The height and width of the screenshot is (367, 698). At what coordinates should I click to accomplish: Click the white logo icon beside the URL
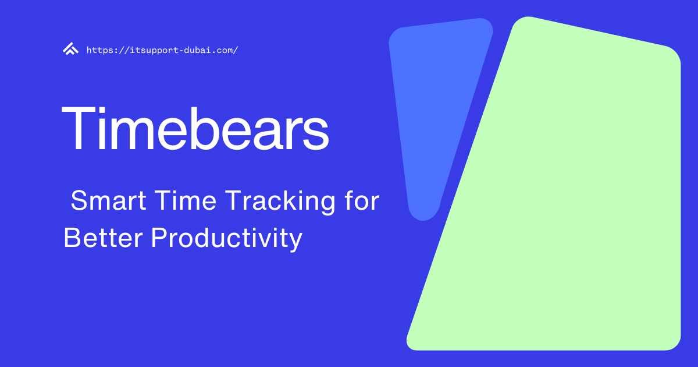(70, 50)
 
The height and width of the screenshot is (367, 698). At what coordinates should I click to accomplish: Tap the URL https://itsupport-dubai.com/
(162, 50)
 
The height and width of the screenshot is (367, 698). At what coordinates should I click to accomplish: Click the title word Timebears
(195, 128)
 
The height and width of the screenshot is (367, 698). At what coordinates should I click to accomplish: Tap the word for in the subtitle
(361, 202)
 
